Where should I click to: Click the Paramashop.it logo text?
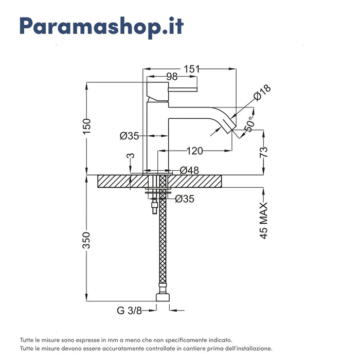pos(101,27)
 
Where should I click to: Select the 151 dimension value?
pos(192,69)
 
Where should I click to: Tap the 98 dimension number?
pos(172,77)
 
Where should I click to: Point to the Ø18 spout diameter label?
pos(262,93)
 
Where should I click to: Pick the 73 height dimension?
pos(263,152)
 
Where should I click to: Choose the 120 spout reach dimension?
pos(194,151)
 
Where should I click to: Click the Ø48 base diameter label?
pos(189,170)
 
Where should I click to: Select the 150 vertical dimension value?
pos(87,127)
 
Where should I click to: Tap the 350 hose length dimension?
pos(86,240)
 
